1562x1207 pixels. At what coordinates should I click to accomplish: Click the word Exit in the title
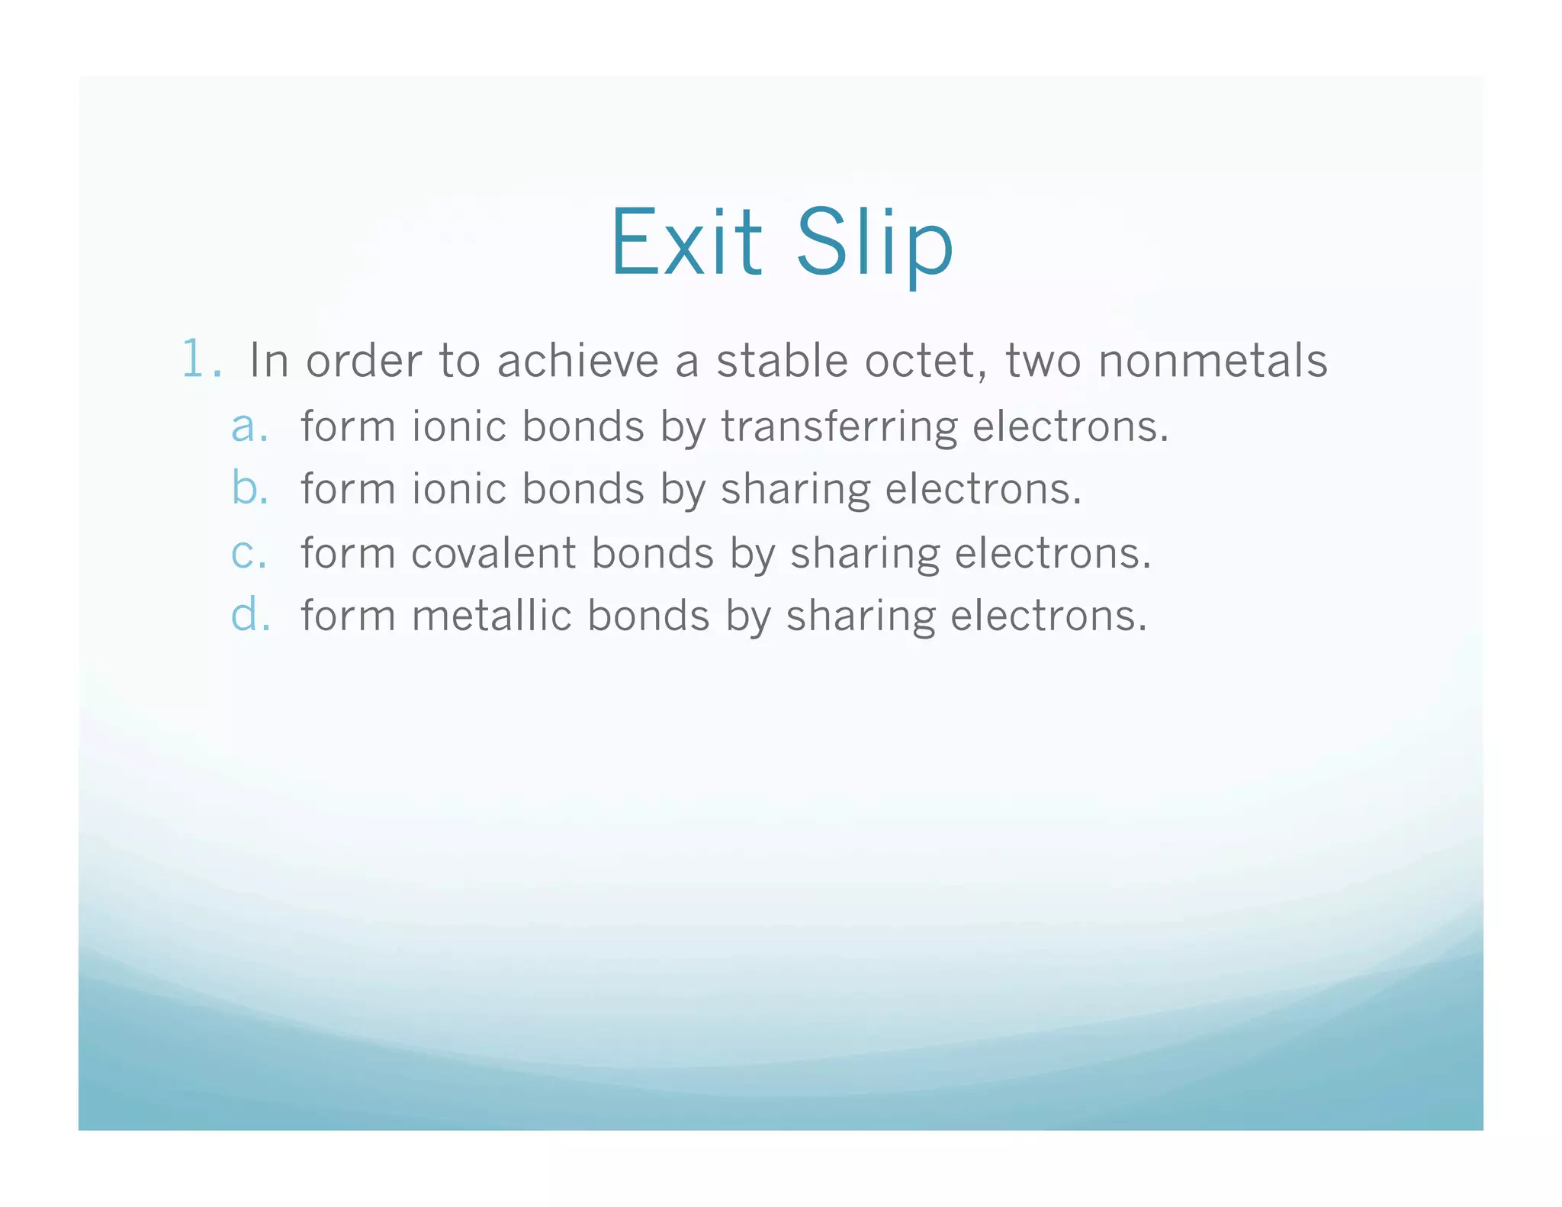point(686,243)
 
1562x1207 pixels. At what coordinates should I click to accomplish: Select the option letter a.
point(249,426)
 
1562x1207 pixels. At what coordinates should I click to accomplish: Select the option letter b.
point(249,488)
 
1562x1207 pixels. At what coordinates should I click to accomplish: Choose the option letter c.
point(249,553)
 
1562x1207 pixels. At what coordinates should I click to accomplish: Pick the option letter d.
point(249,615)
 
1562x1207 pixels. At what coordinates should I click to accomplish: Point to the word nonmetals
point(1212,360)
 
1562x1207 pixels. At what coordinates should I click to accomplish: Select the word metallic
point(492,615)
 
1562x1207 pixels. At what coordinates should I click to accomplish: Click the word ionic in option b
point(459,488)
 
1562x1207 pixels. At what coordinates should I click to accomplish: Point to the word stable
point(782,360)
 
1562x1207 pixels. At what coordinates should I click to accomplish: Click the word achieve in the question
point(577,360)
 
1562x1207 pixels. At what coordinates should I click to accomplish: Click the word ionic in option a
point(459,426)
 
